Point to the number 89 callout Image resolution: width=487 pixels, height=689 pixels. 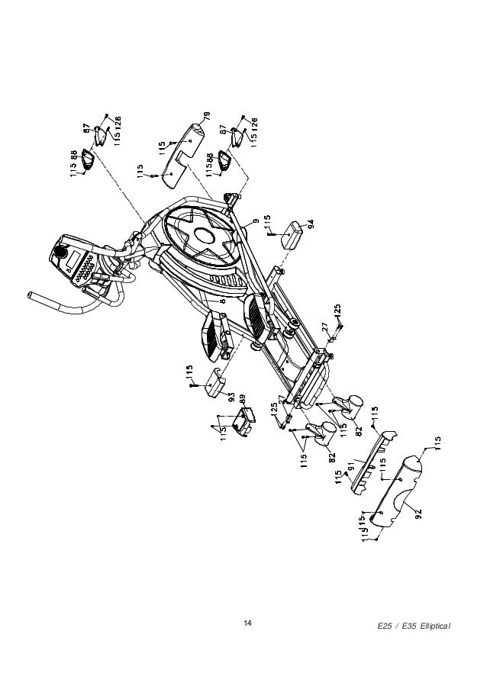click(242, 398)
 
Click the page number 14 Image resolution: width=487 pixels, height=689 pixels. click(247, 626)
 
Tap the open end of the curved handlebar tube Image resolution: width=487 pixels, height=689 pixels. click(31, 294)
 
